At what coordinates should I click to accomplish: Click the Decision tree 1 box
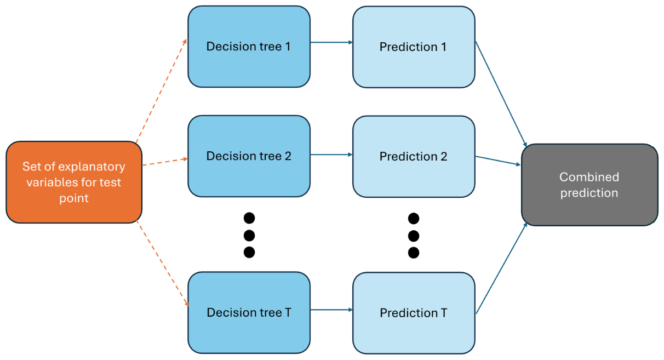(249, 47)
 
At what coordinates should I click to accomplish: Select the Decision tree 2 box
(249, 156)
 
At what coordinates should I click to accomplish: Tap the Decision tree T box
(249, 313)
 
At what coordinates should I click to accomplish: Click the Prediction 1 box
(413, 47)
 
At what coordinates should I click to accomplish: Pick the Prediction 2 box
(413, 156)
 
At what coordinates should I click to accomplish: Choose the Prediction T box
(413, 313)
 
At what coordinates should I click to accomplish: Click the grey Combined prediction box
(589, 185)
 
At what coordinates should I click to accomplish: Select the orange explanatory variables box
(73, 182)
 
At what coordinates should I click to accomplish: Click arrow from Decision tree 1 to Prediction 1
(331, 42)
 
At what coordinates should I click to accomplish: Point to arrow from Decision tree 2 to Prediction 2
(331, 155)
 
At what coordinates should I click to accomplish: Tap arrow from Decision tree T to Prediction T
(331, 310)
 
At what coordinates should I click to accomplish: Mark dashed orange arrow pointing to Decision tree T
(162, 264)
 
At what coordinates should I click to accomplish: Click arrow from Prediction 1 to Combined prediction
(501, 93)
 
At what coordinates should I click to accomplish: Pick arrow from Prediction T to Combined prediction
(501, 268)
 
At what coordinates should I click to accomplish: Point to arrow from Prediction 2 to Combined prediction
(497, 161)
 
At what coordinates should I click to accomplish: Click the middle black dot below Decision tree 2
(249, 236)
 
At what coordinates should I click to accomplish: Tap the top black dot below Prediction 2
(414, 219)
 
